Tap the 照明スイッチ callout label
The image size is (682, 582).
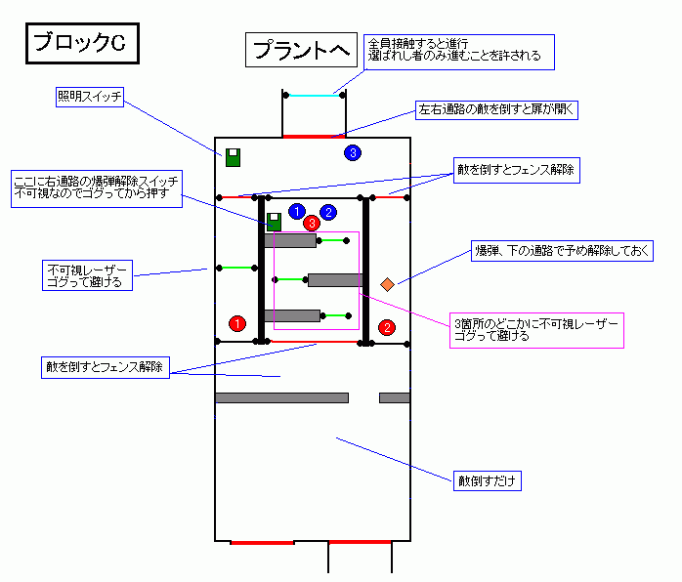coord(90,97)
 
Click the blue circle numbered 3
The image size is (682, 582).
coord(353,152)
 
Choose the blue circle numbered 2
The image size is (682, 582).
coord(328,211)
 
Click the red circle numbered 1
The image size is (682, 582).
coord(235,323)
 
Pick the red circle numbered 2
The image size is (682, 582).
coord(387,327)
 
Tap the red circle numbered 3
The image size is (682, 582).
coord(312,223)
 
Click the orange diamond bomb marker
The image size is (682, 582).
coord(387,284)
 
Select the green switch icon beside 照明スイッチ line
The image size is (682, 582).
coord(233,157)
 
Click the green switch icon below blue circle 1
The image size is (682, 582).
coord(274,223)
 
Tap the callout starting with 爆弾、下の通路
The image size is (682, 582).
coord(561,251)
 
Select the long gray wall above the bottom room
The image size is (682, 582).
coord(281,397)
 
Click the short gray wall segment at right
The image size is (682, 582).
coord(395,397)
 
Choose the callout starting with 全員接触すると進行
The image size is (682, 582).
coord(458,51)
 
